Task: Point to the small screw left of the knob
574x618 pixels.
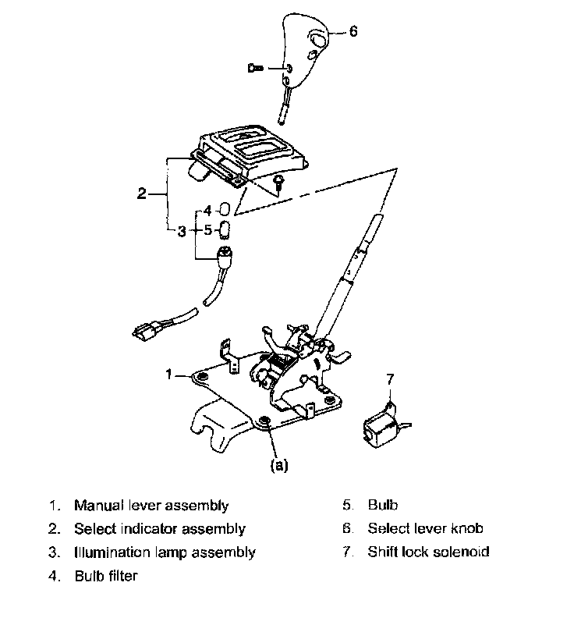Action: [x=257, y=69]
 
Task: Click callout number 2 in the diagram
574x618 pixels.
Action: [x=141, y=194]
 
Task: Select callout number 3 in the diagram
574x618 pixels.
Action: [x=182, y=231]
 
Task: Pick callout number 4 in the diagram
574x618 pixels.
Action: [x=207, y=211]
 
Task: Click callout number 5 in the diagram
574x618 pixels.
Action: [x=207, y=230]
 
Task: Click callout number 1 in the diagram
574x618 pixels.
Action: [x=168, y=375]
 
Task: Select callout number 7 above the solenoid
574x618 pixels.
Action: [x=392, y=380]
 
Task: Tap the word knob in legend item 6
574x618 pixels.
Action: [x=466, y=529]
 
